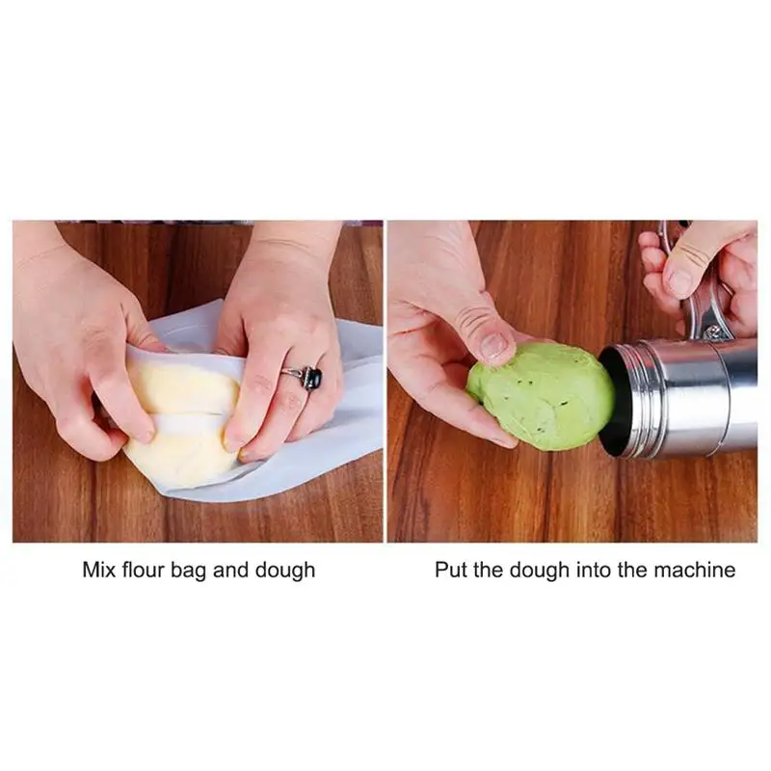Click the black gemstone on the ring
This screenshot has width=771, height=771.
pos(312,379)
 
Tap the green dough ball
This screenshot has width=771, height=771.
pos(541,395)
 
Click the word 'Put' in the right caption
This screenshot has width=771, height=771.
pos(451,570)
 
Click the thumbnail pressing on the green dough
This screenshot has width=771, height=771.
pos(494,345)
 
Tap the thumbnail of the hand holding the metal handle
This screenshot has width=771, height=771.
pos(681,281)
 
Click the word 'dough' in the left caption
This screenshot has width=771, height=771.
pos(285,572)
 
